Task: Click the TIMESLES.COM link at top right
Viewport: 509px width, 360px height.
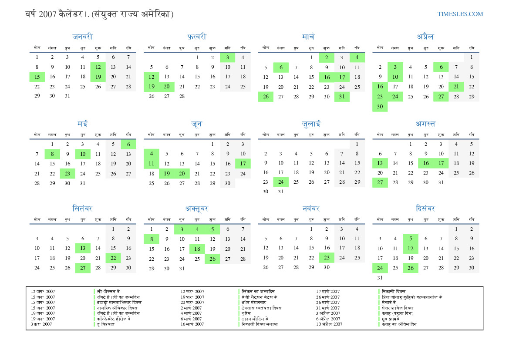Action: pos(460,14)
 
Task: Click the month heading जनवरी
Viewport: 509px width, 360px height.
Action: pos(83,37)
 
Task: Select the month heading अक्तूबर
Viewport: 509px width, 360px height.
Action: pos(197,209)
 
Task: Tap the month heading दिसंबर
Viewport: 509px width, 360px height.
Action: pos(425,209)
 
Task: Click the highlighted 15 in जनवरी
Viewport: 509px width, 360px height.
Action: pos(37,77)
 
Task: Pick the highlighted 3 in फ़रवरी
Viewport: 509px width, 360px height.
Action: pos(227,57)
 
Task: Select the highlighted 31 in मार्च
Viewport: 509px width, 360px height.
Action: pos(342,96)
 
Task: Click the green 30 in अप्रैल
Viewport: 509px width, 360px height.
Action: pos(380,106)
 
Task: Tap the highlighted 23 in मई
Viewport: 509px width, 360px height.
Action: pos(67,173)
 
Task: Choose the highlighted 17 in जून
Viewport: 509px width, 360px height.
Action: pos(243,163)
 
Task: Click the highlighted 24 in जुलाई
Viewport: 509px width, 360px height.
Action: pos(281,182)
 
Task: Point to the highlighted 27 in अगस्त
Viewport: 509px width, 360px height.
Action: pos(380,182)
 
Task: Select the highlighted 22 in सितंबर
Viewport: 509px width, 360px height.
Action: pos(113,258)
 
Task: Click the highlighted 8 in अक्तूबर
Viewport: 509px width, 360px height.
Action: pos(152,239)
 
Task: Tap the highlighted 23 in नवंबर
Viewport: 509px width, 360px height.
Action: pos(327,258)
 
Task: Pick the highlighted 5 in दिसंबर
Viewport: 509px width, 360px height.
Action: pos(410,239)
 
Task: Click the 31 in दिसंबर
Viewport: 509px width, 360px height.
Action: pos(380,277)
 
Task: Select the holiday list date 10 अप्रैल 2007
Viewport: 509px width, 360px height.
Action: pos(329,324)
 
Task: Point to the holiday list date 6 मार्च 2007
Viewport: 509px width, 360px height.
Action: pos(192,319)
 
